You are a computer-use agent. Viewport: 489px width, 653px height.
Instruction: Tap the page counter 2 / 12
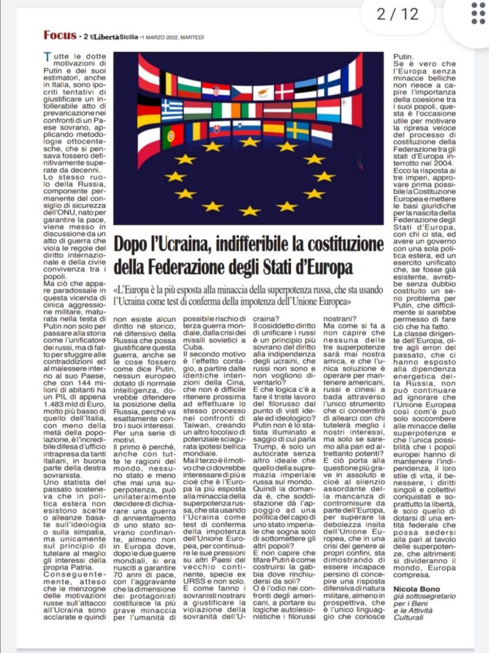[x=398, y=14]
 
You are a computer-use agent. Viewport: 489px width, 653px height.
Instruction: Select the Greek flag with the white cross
[x=172, y=109]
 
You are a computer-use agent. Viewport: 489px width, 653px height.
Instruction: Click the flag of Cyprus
[x=263, y=93]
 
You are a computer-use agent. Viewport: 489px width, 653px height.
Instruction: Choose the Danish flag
[x=284, y=91]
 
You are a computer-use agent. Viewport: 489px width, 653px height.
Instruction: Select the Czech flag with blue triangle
[x=241, y=93]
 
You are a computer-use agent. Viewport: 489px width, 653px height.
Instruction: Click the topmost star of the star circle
[x=250, y=142]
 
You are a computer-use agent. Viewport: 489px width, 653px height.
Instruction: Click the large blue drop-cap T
[x=47, y=57]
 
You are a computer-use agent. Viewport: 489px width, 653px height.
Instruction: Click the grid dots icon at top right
[x=478, y=13]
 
